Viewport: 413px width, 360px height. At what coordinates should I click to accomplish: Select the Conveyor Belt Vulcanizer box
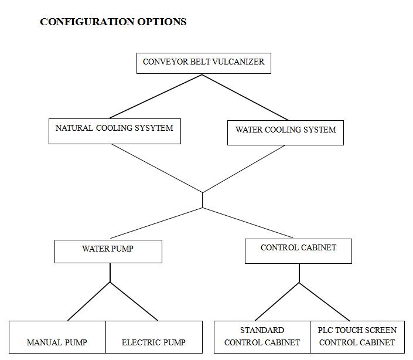pyautogui.click(x=204, y=63)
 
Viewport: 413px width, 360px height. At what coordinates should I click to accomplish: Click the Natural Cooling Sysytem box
pyautogui.click(x=115, y=131)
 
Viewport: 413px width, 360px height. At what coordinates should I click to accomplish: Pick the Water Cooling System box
pyautogui.click(x=285, y=133)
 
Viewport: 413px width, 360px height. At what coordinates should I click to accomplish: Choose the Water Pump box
pyautogui.click(x=108, y=252)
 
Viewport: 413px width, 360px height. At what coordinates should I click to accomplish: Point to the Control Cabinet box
pyautogui.click(x=298, y=251)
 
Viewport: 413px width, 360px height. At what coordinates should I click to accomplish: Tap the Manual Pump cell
pyautogui.click(x=57, y=337)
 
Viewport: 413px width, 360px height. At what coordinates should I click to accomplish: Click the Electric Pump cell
pyautogui.click(x=154, y=337)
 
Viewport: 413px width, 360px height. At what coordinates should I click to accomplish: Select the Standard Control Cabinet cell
pyautogui.click(x=262, y=337)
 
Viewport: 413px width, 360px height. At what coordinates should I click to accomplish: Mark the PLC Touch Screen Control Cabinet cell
pyautogui.click(x=357, y=337)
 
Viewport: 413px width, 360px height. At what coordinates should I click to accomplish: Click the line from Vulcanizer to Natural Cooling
pyautogui.click(x=156, y=97)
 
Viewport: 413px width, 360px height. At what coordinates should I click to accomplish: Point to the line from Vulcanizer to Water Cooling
pyautogui.click(x=245, y=97)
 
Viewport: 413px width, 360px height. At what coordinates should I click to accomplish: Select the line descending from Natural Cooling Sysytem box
pyautogui.click(x=157, y=168)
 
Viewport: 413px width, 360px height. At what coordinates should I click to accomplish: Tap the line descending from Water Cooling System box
pyautogui.click(x=244, y=169)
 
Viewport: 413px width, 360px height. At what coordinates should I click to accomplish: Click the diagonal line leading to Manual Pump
pyautogui.click(x=89, y=301)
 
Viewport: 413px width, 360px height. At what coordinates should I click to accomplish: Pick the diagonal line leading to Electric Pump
pyautogui.click(x=134, y=301)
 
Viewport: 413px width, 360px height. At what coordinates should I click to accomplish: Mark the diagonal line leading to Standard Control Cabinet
pyautogui.click(x=277, y=302)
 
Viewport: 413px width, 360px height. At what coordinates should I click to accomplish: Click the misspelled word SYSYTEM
pyautogui.click(x=154, y=128)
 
